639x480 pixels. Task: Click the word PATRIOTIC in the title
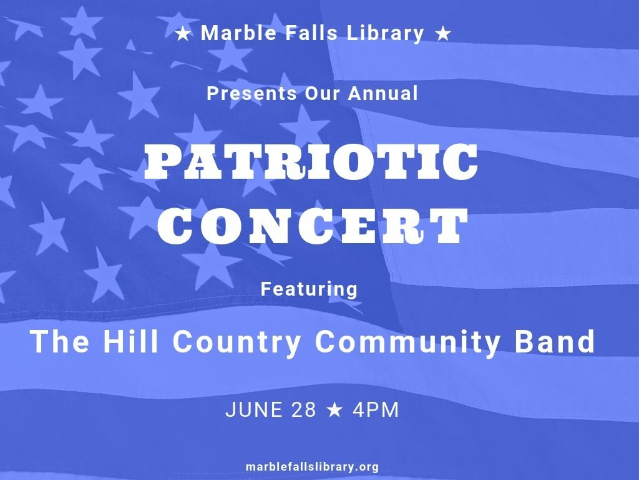pos(311,162)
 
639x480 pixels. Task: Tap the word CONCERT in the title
pos(313,226)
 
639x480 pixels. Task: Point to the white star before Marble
pos(183,34)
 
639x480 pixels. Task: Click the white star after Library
pos(443,34)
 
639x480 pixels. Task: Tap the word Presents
pos(252,94)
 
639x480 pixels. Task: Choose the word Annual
pos(383,93)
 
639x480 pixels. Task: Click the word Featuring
pos(310,289)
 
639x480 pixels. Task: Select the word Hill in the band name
pos(130,341)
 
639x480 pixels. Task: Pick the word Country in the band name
pos(237,343)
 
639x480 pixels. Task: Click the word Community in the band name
pos(407,343)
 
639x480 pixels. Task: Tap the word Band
pos(555,341)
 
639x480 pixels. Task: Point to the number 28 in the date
pos(304,410)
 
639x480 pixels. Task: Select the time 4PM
pos(376,410)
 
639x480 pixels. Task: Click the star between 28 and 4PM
pos(334,410)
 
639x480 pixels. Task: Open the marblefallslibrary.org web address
pos(313,466)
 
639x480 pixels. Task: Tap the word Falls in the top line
pos(311,32)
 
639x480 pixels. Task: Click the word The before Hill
pos(59,341)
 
